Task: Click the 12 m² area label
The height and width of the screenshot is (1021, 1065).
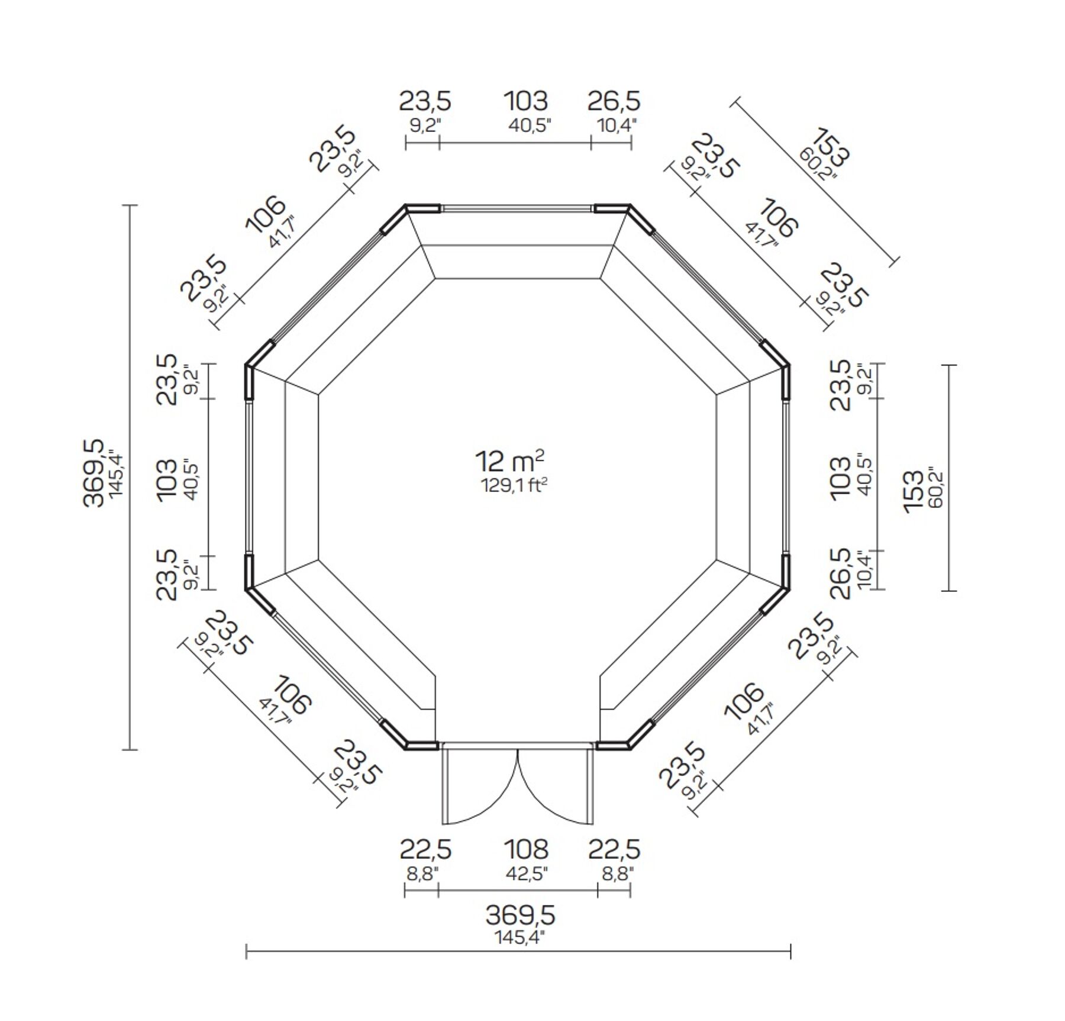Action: click(x=510, y=461)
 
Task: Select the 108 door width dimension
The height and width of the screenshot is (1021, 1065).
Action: click(x=526, y=849)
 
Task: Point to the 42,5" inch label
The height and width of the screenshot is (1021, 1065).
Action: click(x=526, y=874)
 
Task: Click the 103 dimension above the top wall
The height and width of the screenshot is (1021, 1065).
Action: click(x=526, y=101)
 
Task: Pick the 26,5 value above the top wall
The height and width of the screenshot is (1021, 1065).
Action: click(x=614, y=101)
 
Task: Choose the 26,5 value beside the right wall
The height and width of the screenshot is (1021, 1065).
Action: click(x=840, y=574)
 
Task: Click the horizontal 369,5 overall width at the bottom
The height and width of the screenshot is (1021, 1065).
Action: click(x=520, y=916)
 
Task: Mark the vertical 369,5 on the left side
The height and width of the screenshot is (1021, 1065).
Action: click(x=93, y=473)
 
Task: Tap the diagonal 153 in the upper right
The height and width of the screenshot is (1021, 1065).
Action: click(x=831, y=147)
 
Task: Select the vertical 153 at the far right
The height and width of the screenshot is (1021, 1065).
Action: click(x=914, y=492)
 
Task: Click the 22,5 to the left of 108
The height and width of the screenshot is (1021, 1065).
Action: click(x=425, y=849)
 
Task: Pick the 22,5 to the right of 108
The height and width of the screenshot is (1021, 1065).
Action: click(x=614, y=849)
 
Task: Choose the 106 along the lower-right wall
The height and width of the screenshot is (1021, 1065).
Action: click(x=744, y=701)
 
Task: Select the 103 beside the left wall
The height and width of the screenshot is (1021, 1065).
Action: click(x=167, y=479)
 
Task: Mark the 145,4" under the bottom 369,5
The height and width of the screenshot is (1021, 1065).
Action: click(x=519, y=938)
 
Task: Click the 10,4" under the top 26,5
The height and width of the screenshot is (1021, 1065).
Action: click(x=617, y=125)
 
